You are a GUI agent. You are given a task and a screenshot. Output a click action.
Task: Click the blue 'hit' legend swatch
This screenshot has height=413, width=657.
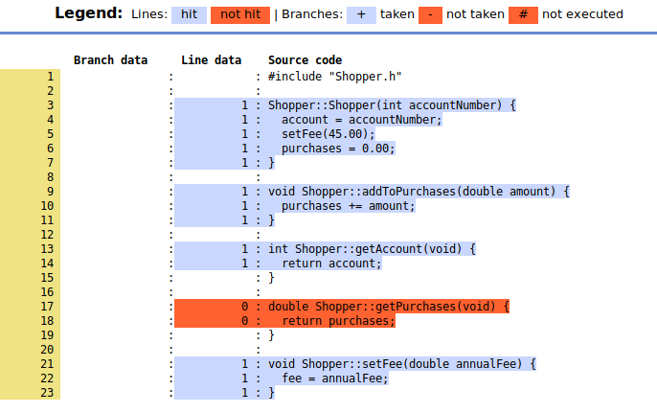pos(189,14)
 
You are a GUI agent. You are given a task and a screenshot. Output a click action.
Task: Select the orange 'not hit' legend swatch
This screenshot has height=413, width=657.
pos(241,14)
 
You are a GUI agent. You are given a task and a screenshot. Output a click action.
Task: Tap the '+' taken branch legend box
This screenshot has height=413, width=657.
pos(361,14)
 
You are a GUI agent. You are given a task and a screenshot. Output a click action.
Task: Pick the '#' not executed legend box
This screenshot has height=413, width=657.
pos(524,14)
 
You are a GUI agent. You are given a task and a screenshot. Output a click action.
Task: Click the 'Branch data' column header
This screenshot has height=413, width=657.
pos(110,60)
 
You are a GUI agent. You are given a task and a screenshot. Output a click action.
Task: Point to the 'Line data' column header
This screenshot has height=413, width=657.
pos(211,60)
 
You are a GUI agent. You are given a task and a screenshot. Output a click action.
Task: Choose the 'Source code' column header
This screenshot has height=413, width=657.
pos(305,60)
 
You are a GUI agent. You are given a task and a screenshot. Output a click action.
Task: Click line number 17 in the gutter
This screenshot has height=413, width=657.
pos(47,307)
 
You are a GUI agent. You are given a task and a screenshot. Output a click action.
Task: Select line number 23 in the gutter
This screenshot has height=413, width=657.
pos(47,393)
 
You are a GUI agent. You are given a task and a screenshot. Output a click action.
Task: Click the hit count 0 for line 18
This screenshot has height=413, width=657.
pos(245,321)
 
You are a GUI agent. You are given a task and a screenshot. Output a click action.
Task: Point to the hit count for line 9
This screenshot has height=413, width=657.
pos(245,192)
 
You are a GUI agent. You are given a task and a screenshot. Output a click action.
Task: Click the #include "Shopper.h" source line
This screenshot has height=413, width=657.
pos(334,77)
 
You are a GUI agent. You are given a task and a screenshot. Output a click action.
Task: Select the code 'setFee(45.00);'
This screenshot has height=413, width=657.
pos(328,134)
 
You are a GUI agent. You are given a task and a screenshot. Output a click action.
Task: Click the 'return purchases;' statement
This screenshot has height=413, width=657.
pos(338,321)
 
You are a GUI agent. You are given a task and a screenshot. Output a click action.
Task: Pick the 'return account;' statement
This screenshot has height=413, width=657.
pos(331,264)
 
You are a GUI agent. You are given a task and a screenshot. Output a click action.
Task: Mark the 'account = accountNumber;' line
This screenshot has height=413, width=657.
pos(361,120)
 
